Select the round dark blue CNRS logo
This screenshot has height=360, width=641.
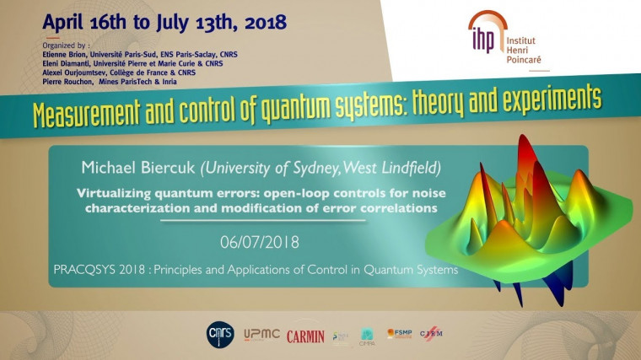click(x=221, y=335)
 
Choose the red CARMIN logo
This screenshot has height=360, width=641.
click(x=305, y=336)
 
